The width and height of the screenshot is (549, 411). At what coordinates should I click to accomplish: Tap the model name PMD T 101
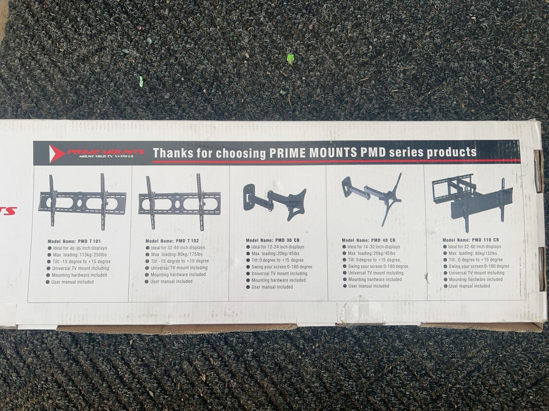click(x=89, y=241)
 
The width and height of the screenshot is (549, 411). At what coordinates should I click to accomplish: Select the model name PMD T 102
click(x=187, y=241)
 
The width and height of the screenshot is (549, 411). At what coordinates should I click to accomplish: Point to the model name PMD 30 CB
click(x=287, y=240)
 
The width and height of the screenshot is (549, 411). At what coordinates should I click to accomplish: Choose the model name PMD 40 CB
click(x=383, y=240)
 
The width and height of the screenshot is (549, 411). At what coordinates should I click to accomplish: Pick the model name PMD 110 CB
click(x=485, y=240)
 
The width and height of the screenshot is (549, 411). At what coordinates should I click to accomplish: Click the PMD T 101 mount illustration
click(x=82, y=202)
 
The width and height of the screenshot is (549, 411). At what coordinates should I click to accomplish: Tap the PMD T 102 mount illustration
click(x=179, y=202)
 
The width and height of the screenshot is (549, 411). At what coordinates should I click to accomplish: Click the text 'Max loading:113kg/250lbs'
click(x=80, y=255)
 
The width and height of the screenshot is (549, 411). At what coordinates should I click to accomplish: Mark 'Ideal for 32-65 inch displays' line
click(x=178, y=248)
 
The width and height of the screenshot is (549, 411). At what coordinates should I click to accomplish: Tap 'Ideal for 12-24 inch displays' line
click(x=278, y=247)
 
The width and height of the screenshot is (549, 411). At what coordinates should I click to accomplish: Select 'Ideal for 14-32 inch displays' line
click(x=374, y=247)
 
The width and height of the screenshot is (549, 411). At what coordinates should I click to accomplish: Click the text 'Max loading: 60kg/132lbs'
click(x=473, y=253)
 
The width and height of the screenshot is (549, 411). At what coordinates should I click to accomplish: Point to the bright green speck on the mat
click(x=291, y=59)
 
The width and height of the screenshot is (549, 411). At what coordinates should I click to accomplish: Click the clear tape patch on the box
click(x=361, y=311)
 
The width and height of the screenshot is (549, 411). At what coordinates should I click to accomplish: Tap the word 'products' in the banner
click(x=451, y=152)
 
